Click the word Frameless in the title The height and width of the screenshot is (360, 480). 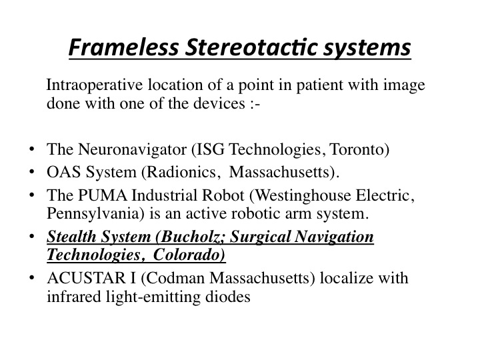pyautogui.click(x=124, y=47)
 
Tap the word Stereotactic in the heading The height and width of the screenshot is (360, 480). pyautogui.click(x=251, y=47)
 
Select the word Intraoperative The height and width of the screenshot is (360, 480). pyautogui.click(x=94, y=85)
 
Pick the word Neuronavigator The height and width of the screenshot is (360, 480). pyautogui.click(x=132, y=150)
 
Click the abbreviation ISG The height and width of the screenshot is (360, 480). pyautogui.click(x=209, y=149)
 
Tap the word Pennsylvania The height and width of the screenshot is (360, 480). pyautogui.click(x=95, y=214)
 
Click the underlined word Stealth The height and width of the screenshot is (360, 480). pyautogui.click(x=71, y=237)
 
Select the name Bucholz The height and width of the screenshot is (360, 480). pyautogui.click(x=191, y=237)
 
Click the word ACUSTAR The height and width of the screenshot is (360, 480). pyautogui.click(x=87, y=278)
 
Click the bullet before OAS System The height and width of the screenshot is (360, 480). pyautogui.click(x=31, y=172)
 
